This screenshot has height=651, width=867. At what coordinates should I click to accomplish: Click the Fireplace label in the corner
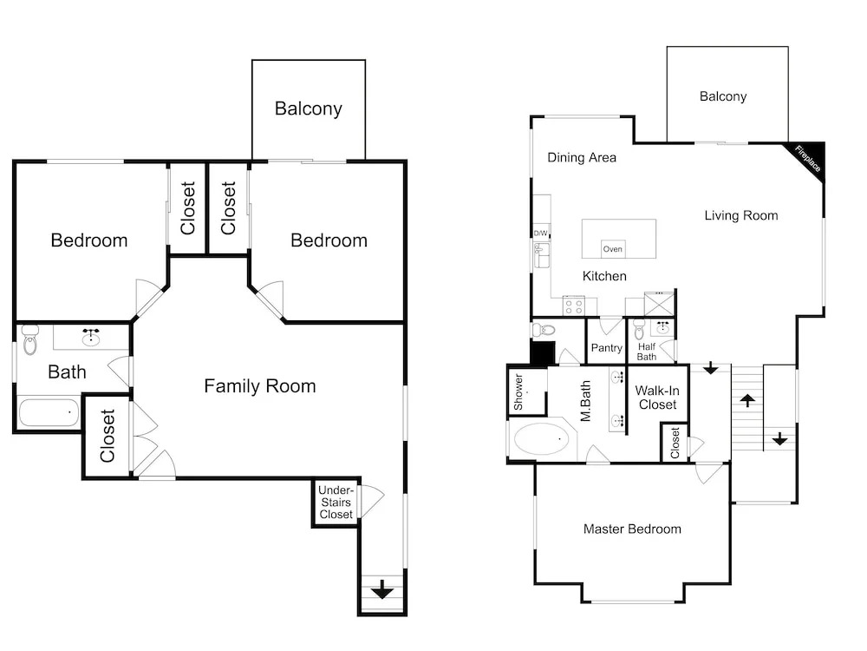(x=808, y=159)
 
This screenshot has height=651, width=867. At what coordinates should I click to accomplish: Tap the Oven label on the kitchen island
(x=613, y=249)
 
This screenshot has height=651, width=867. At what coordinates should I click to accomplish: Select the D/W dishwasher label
(x=540, y=233)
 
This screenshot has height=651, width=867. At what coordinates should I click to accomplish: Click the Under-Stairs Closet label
(x=336, y=502)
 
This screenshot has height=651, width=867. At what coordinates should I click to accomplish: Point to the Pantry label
(x=607, y=348)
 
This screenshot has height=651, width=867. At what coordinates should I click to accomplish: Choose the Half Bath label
(x=647, y=352)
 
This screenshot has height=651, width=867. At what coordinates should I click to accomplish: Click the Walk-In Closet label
(x=657, y=398)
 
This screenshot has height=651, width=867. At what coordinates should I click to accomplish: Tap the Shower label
(x=518, y=392)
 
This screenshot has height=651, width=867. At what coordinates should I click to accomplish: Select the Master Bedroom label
(x=632, y=529)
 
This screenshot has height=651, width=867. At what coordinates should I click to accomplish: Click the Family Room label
(x=260, y=386)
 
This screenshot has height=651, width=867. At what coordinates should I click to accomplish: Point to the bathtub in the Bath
(x=49, y=413)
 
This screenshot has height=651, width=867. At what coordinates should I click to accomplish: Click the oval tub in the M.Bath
(x=541, y=439)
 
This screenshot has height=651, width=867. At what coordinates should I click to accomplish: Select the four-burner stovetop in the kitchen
(x=573, y=306)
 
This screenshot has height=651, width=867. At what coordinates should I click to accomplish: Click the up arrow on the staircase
(x=747, y=400)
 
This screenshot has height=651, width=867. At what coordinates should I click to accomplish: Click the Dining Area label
(x=582, y=158)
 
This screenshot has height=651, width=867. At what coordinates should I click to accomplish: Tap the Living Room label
(x=741, y=215)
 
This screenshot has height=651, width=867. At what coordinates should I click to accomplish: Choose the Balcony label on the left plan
(x=309, y=108)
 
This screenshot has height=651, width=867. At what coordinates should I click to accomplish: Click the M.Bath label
(x=585, y=401)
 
